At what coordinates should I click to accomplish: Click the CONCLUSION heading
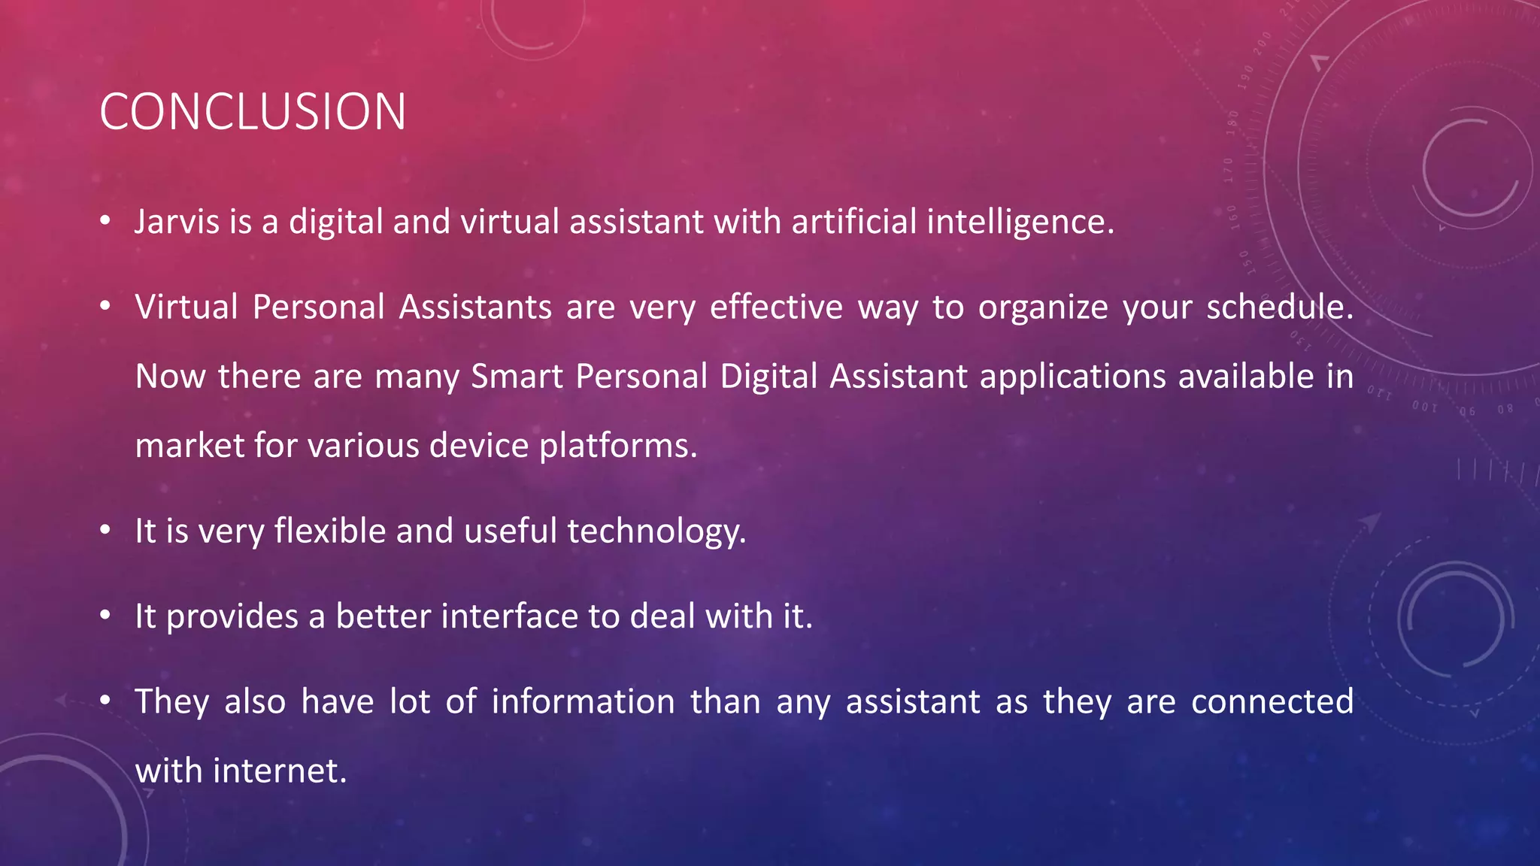coord(253,112)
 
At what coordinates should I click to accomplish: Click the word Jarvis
coord(176,222)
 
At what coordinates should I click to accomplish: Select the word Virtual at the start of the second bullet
coord(186,307)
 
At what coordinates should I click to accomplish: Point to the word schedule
coord(1279,307)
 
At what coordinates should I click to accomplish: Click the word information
coord(583,701)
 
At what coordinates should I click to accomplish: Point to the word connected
coord(1272,701)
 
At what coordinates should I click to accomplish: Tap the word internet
coord(280,771)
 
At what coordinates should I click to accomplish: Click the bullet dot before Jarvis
coord(105,220)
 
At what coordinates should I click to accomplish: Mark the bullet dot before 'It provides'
coord(105,615)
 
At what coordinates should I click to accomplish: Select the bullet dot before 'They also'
coord(105,700)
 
